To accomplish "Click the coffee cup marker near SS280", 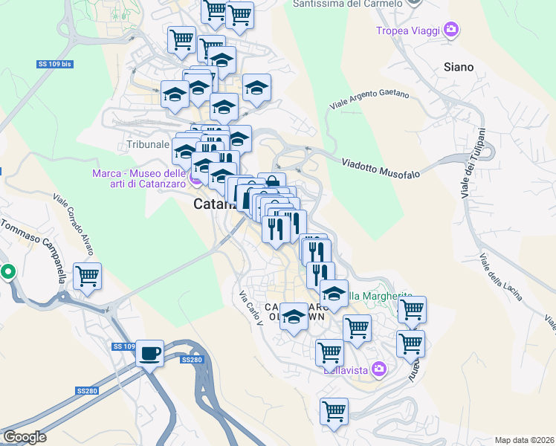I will pyautogui.click(x=150, y=353).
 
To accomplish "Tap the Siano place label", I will pyautogui.click(x=458, y=67).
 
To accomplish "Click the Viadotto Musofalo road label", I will pyautogui.click(x=381, y=168).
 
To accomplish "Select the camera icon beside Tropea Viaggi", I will pyautogui.click(x=450, y=30).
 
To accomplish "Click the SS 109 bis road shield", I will pyautogui.click(x=55, y=64).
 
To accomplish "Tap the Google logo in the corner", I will pyautogui.click(x=25, y=437).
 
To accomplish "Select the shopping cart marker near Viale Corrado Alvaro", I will pyautogui.click(x=87, y=277).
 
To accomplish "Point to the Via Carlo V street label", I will pyautogui.click(x=250, y=307).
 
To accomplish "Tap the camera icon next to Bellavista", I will pyautogui.click(x=380, y=369).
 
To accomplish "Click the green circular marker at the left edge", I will pyautogui.click(x=8, y=272).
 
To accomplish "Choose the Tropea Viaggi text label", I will pyautogui.click(x=408, y=30).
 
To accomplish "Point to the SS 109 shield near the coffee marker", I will pyautogui.click(x=123, y=346).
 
